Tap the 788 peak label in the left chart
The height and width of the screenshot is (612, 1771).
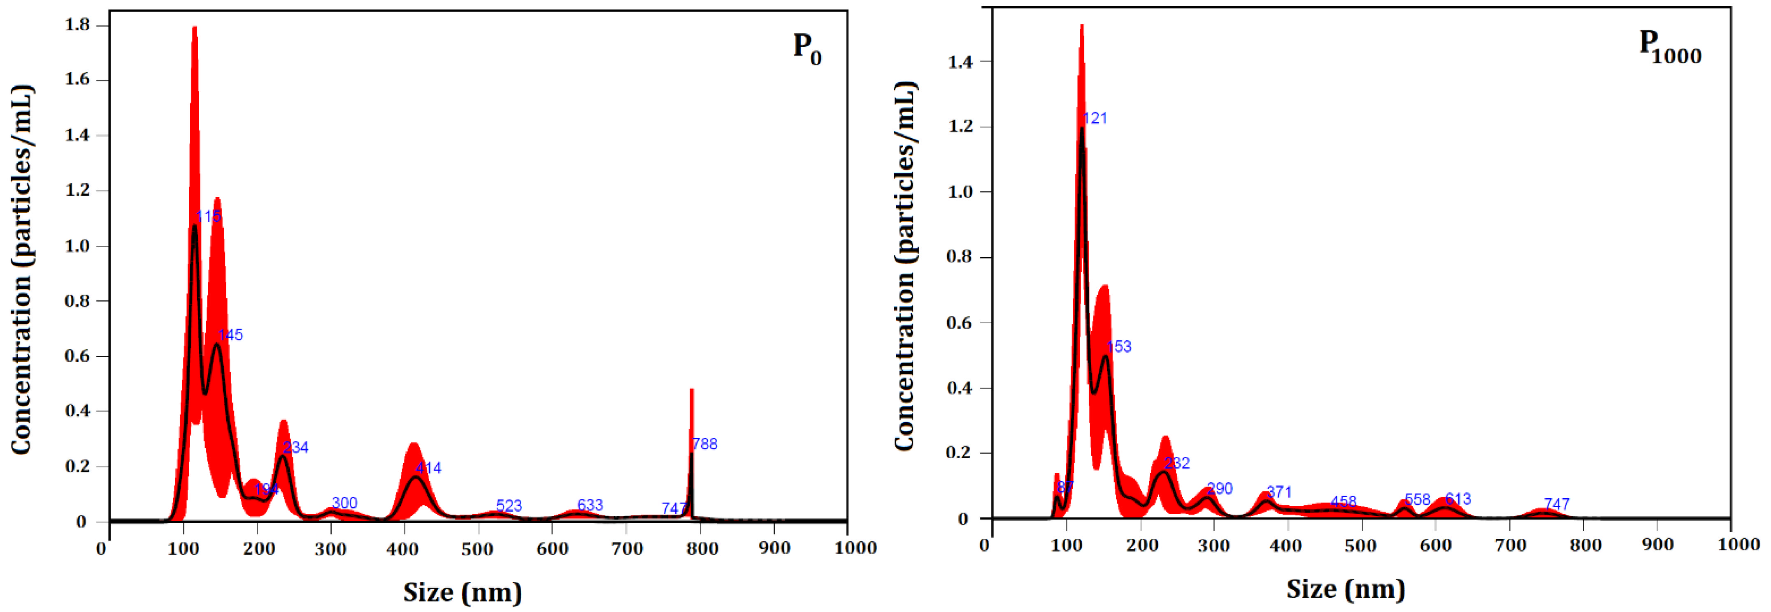[705, 444]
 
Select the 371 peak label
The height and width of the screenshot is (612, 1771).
[1279, 492]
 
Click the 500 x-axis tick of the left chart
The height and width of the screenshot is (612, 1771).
[478, 548]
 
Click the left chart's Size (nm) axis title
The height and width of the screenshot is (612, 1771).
[462, 592]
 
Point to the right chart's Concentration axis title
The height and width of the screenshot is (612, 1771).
[906, 266]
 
